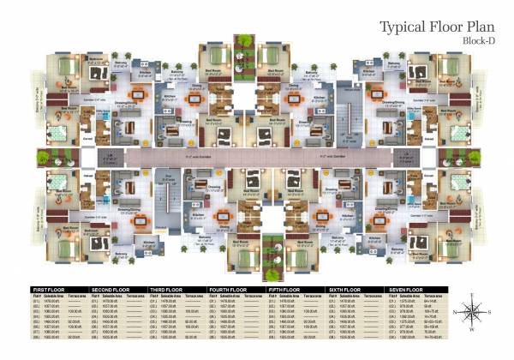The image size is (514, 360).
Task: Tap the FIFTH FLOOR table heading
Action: (285, 289)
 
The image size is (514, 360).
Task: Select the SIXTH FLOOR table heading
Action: (345, 289)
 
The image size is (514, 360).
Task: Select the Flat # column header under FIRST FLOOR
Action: (36, 295)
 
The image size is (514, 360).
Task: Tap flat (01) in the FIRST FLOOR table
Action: (35, 301)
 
